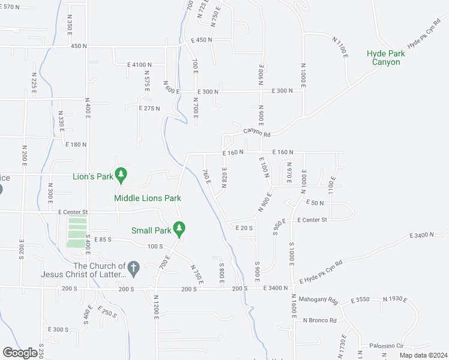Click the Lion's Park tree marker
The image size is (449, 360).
coord(122,175)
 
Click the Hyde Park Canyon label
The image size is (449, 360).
coord(385,58)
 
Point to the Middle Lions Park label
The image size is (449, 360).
coord(148,198)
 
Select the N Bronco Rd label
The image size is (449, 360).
coord(320,320)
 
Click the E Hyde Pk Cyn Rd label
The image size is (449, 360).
coord(321,272)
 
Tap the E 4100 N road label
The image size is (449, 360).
coord(139,65)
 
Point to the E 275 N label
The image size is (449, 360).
coord(149,109)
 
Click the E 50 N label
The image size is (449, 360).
coord(314,203)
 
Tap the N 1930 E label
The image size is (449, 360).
coord(394,299)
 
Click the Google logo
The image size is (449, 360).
coord(20,353)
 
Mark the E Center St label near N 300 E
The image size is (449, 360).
coord(73,212)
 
